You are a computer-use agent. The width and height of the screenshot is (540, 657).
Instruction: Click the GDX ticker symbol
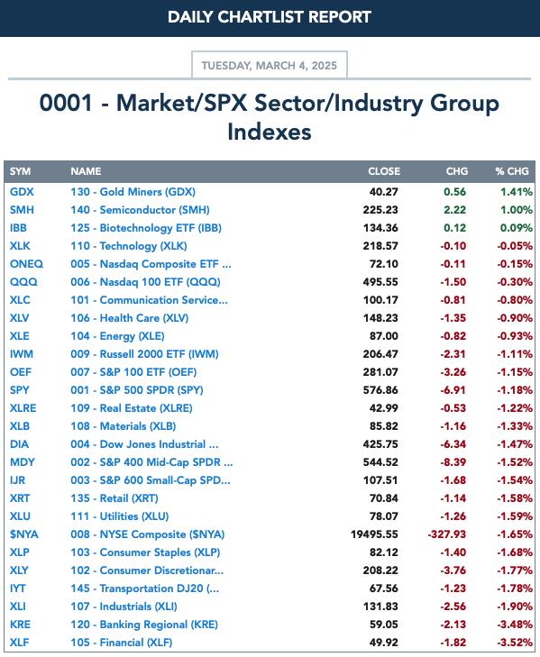point(22,192)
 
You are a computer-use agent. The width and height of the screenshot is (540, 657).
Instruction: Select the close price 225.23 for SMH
point(380,210)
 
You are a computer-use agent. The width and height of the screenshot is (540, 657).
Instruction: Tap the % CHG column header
point(512,171)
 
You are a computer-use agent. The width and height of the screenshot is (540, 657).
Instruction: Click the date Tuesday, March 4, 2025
point(270,66)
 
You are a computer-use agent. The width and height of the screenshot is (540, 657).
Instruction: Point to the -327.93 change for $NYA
point(447,534)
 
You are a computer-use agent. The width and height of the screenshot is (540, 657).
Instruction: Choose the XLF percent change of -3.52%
point(515,643)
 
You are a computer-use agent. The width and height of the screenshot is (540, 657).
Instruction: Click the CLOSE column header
point(384,171)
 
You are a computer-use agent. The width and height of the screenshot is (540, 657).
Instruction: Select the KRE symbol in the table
point(20,625)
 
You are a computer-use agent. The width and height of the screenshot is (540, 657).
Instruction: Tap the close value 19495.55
point(374,534)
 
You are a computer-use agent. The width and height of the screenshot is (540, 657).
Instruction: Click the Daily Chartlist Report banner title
point(270,17)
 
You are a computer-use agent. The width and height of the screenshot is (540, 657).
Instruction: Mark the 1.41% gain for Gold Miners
point(517,192)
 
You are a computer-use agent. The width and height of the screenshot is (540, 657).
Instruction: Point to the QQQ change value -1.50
point(453,282)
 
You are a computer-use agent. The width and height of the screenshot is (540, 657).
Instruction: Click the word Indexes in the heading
point(270,132)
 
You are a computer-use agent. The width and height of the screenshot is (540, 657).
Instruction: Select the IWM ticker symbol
point(22,354)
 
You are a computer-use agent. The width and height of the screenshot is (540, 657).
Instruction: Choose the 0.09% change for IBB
point(517,228)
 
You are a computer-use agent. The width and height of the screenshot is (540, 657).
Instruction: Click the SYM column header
point(20,171)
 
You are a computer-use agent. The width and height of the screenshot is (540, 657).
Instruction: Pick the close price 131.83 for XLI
point(380,607)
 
